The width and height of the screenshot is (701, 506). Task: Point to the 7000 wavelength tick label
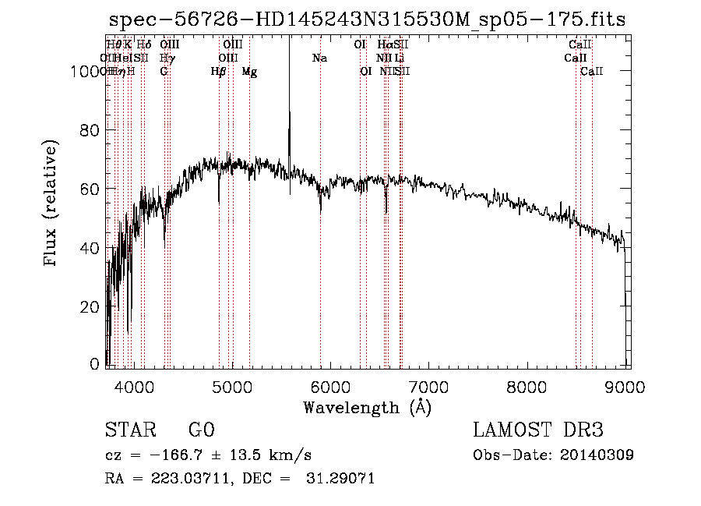[x=429, y=387]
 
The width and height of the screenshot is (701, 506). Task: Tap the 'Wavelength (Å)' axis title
[x=367, y=407]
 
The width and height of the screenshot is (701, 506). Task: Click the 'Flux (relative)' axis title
[x=52, y=204]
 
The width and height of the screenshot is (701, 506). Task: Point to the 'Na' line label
[x=319, y=58]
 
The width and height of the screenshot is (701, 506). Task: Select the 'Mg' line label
[x=249, y=72]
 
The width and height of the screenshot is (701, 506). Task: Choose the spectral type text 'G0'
[x=200, y=430]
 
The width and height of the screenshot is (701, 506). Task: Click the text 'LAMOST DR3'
[x=537, y=430]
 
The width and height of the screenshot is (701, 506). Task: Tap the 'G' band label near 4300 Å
[x=164, y=72]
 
